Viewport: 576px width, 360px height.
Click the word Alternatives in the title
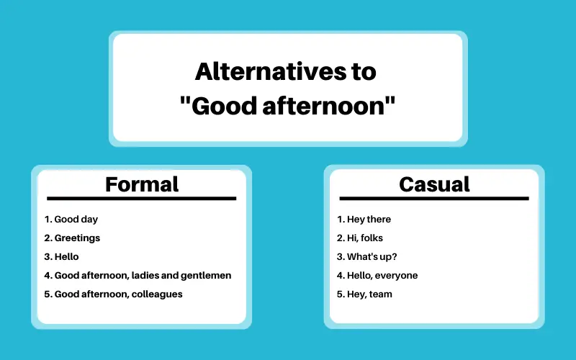pyautogui.click(x=271, y=71)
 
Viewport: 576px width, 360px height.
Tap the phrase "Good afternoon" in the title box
pyautogui.click(x=287, y=106)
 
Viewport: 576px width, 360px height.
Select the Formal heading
pyautogui.click(x=142, y=184)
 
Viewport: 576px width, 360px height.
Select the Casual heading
pyautogui.click(x=434, y=184)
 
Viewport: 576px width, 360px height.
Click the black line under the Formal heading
pyautogui.click(x=141, y=199)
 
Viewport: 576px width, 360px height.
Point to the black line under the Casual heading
pyautogui.click(x=434, y=199)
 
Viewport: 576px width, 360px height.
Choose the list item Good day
pyautogui.click(x=76, y=220)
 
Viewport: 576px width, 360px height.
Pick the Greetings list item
pyautogui.click(x=77, y=238)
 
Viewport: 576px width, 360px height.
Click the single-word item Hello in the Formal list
pyautogui.click(x=66, y=256)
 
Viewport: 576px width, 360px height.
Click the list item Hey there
pyautogui.click(x=369, y=220)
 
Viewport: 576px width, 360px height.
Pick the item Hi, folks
pyautogui.click(x=365, y=238)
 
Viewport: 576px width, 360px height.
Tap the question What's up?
pyautogui.click(x=372, y=257)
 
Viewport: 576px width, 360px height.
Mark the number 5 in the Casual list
pyautogui.click(x=340, y=294)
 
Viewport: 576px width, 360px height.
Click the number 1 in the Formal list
pyautogui.click(x=47, y=220)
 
